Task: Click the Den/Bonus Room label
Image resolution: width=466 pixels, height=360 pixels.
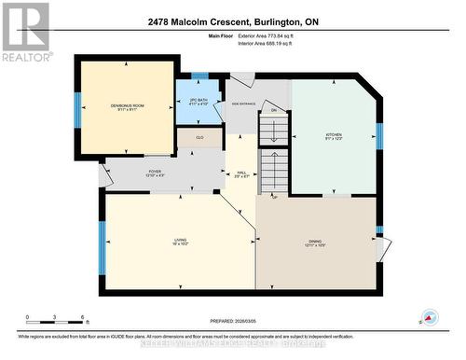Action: tap(125, 107)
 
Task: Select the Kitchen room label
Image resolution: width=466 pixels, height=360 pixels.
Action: tap(333, 136)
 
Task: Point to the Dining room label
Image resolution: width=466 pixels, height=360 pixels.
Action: tap(315, 243)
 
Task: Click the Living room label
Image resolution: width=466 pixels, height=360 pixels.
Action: tap(179, 242)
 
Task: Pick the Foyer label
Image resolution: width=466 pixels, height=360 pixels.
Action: tap(155, 173)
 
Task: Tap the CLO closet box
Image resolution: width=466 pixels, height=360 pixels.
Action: tap(198, 138)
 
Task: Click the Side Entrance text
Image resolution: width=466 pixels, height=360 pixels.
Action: tap(244, 105)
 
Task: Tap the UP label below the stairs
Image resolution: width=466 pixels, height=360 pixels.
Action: tap(274, 197)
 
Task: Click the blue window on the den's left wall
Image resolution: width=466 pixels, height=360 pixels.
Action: tap(78, 108)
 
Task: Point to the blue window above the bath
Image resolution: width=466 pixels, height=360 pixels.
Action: tap(199, 76)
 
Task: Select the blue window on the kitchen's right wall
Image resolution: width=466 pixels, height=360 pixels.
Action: tap(378, 136)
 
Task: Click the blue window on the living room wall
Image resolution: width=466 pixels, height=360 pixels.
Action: tap(101, 246)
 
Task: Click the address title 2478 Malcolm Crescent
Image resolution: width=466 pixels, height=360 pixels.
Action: tap(232, 21)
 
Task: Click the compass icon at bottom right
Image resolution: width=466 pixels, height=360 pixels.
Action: tap(429, 317)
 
